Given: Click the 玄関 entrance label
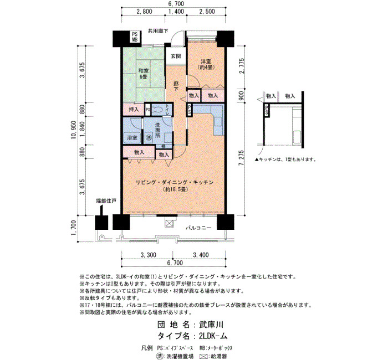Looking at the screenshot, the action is click(x=176, y=56).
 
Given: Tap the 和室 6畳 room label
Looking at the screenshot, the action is click(x=143, y=74).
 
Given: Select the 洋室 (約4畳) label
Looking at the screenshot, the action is click(x=206, y=64).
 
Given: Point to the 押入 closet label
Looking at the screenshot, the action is click(x=134, y=109).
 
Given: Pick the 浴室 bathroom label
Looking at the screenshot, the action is click(x=132, y=138).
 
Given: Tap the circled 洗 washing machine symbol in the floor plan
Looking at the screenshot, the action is click(x=149, y=137).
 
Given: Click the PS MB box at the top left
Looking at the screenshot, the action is click(x=135, y=37).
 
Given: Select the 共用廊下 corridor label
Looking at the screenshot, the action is click(x=158, y=31).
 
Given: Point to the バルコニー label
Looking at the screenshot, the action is click(x=198, y=228).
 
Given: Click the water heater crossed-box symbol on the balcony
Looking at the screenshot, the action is click(x=169, y=223).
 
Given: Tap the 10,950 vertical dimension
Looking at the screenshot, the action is click(x=74, y=130).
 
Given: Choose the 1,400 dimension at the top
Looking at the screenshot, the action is click(x=176, y=12).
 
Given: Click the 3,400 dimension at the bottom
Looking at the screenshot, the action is click(x=201, y=255).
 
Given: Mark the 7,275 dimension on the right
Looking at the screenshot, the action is click(x=242, y=158).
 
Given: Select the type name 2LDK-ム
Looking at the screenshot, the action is click(x=213, y=336).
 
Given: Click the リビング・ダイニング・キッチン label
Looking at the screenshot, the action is click(x=175, y=183).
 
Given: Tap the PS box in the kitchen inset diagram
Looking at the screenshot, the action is click(x=267, y=110).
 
